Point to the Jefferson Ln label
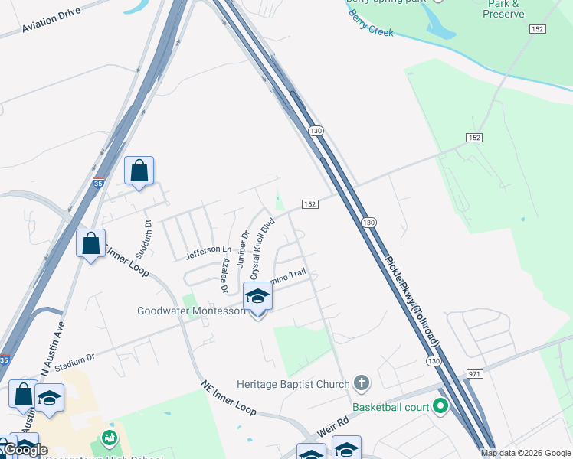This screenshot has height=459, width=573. (208, 249)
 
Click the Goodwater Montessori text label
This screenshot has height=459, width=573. (192, 311)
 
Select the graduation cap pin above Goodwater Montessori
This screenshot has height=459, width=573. (258, 296)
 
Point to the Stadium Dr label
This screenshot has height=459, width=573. (74, 359)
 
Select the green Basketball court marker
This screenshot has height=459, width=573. (440, 406)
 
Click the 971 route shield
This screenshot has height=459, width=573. (475, 373)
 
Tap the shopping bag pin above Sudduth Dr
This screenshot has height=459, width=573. (139, 171)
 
